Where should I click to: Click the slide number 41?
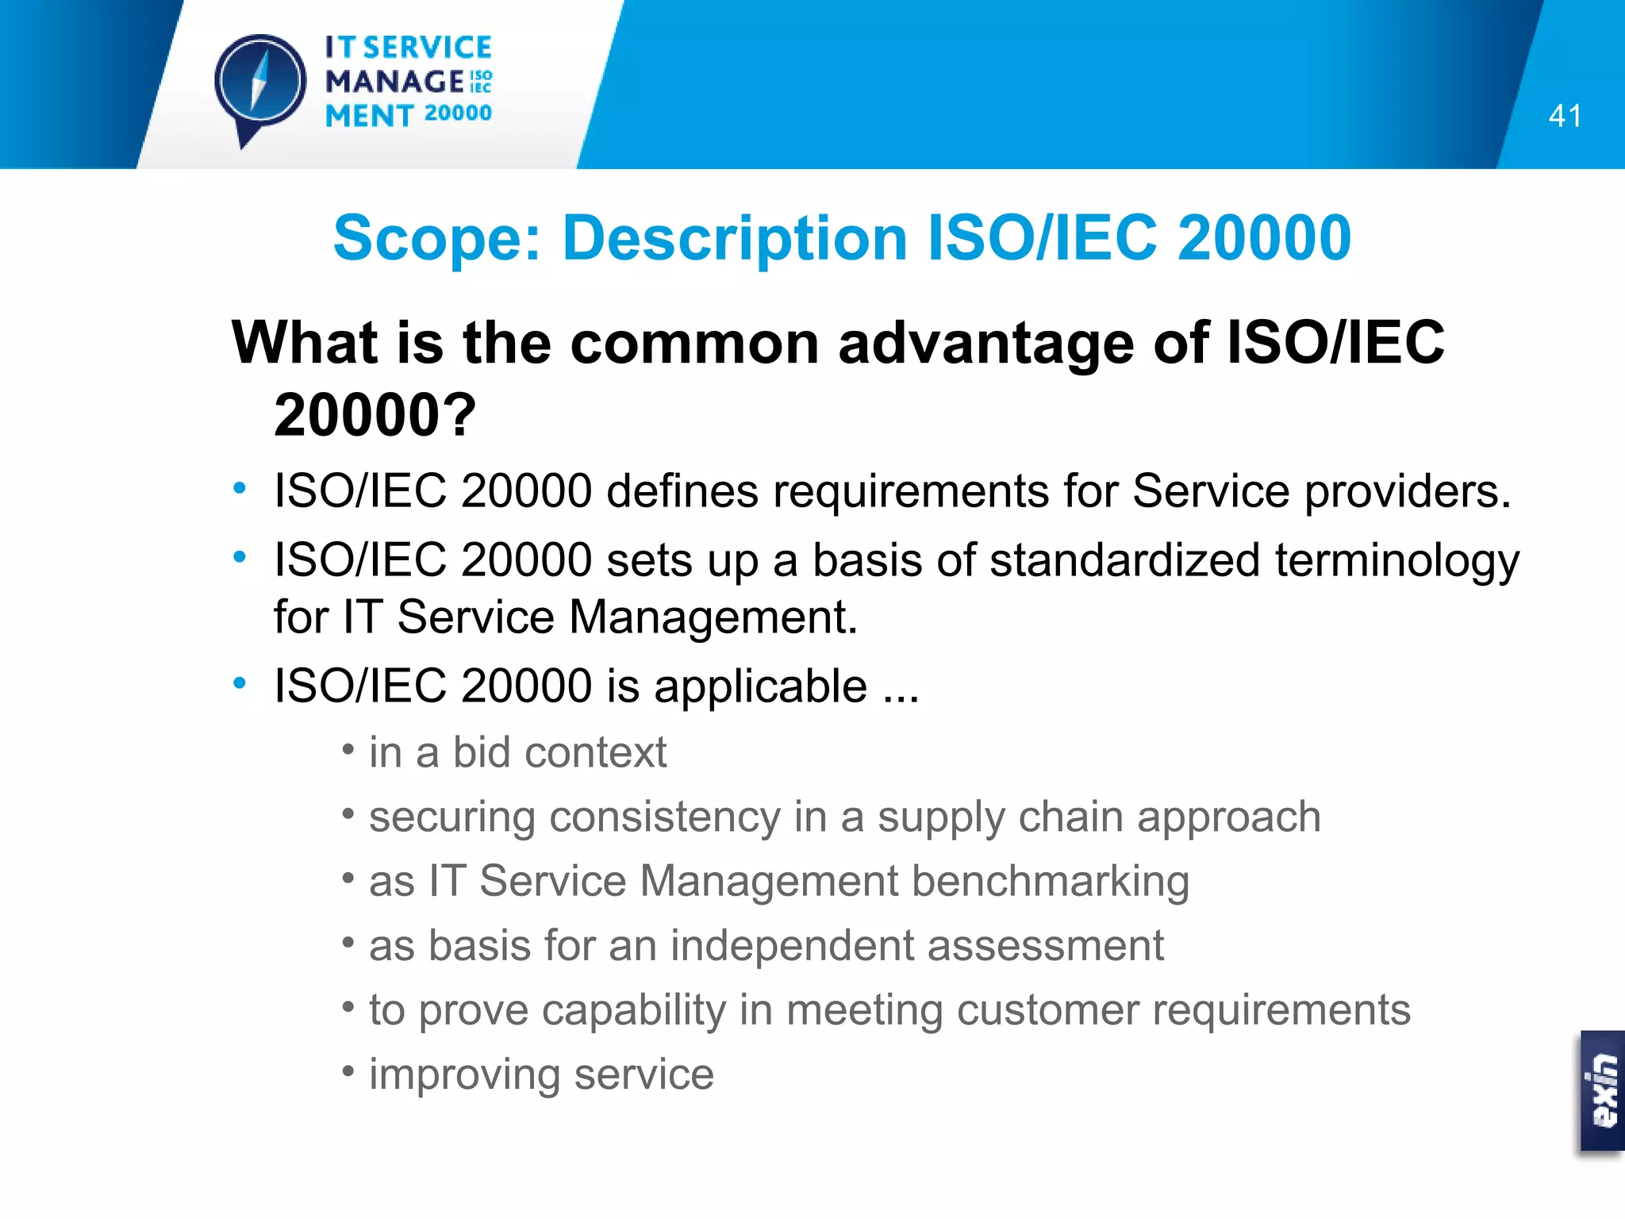pyautogui.click(x=1565, y=117)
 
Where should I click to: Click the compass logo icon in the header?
pyautogui.click(x=260, y=83)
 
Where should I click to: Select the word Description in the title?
pyautogui.click(x=735, y=237)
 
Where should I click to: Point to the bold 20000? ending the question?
pyautogui.click(x=375, y=415)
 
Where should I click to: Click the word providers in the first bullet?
pyautogui.click(x=1407, y=491)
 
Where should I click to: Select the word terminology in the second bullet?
pyautogui.click(x=1396, y=560)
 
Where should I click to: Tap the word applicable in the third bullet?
pyautogui.click(x=760, y=686)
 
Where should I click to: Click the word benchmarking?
pyautogui.click(x=1050, y=881)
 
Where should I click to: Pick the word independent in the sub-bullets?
pyautogui.click(x=791, y=946)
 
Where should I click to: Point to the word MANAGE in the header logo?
pyautogui.click(x=394, y=82)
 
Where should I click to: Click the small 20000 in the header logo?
pyautogui.click(x=458, y=113)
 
